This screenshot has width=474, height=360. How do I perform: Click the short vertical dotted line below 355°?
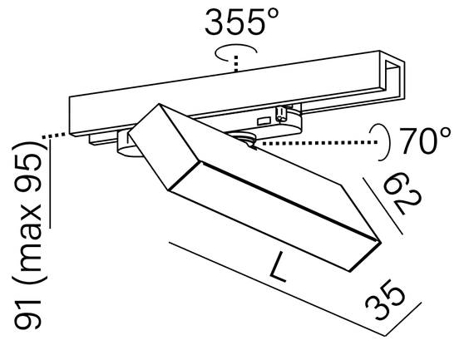[237, 63]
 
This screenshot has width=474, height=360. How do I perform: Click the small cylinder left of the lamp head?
[126, 144]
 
